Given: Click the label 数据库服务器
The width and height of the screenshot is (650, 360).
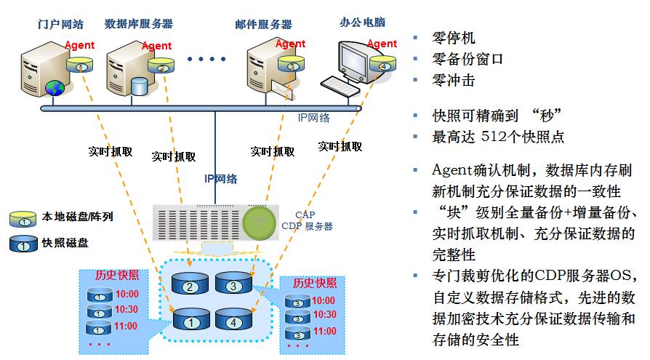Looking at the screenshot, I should pyautogui.click(x=139, y=23).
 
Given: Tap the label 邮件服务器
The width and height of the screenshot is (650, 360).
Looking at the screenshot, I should pyautogui.click(x=262, y=23).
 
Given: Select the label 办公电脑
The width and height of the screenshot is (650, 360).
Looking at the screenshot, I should pyautogui.click(x=361, y=22).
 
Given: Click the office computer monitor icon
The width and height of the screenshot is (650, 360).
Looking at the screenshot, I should pyautogui.click(x=358, y=64).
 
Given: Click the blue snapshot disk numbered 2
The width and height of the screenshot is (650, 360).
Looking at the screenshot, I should pyautogui.click(x=190, y=286).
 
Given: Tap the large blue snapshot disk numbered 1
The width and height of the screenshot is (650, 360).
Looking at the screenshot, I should pyautogui.click(x=190, y=321).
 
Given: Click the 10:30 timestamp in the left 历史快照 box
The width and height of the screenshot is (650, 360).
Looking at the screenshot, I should pyautogui.click(x=126, y=310).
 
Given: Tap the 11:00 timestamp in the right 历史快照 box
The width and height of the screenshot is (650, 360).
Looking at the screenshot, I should pyautogui.click(x=324, y=332).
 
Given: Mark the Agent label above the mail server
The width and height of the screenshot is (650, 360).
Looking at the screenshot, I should pyautogui.click(x=291, y=44).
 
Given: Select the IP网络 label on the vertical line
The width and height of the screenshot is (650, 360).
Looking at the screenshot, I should pyautogui.click(x=220, y=177).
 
